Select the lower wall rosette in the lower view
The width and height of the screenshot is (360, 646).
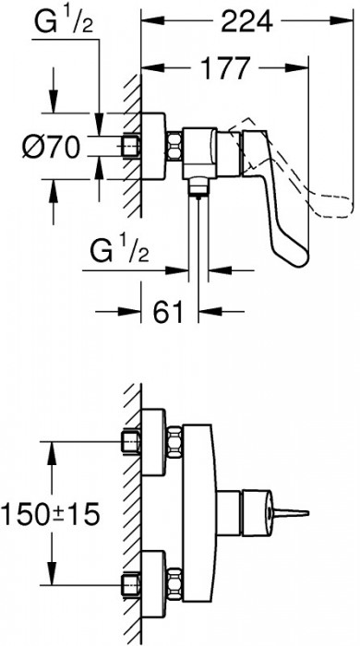[x=152, y=579]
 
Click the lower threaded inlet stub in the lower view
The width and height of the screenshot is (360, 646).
[x=130, y=579]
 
